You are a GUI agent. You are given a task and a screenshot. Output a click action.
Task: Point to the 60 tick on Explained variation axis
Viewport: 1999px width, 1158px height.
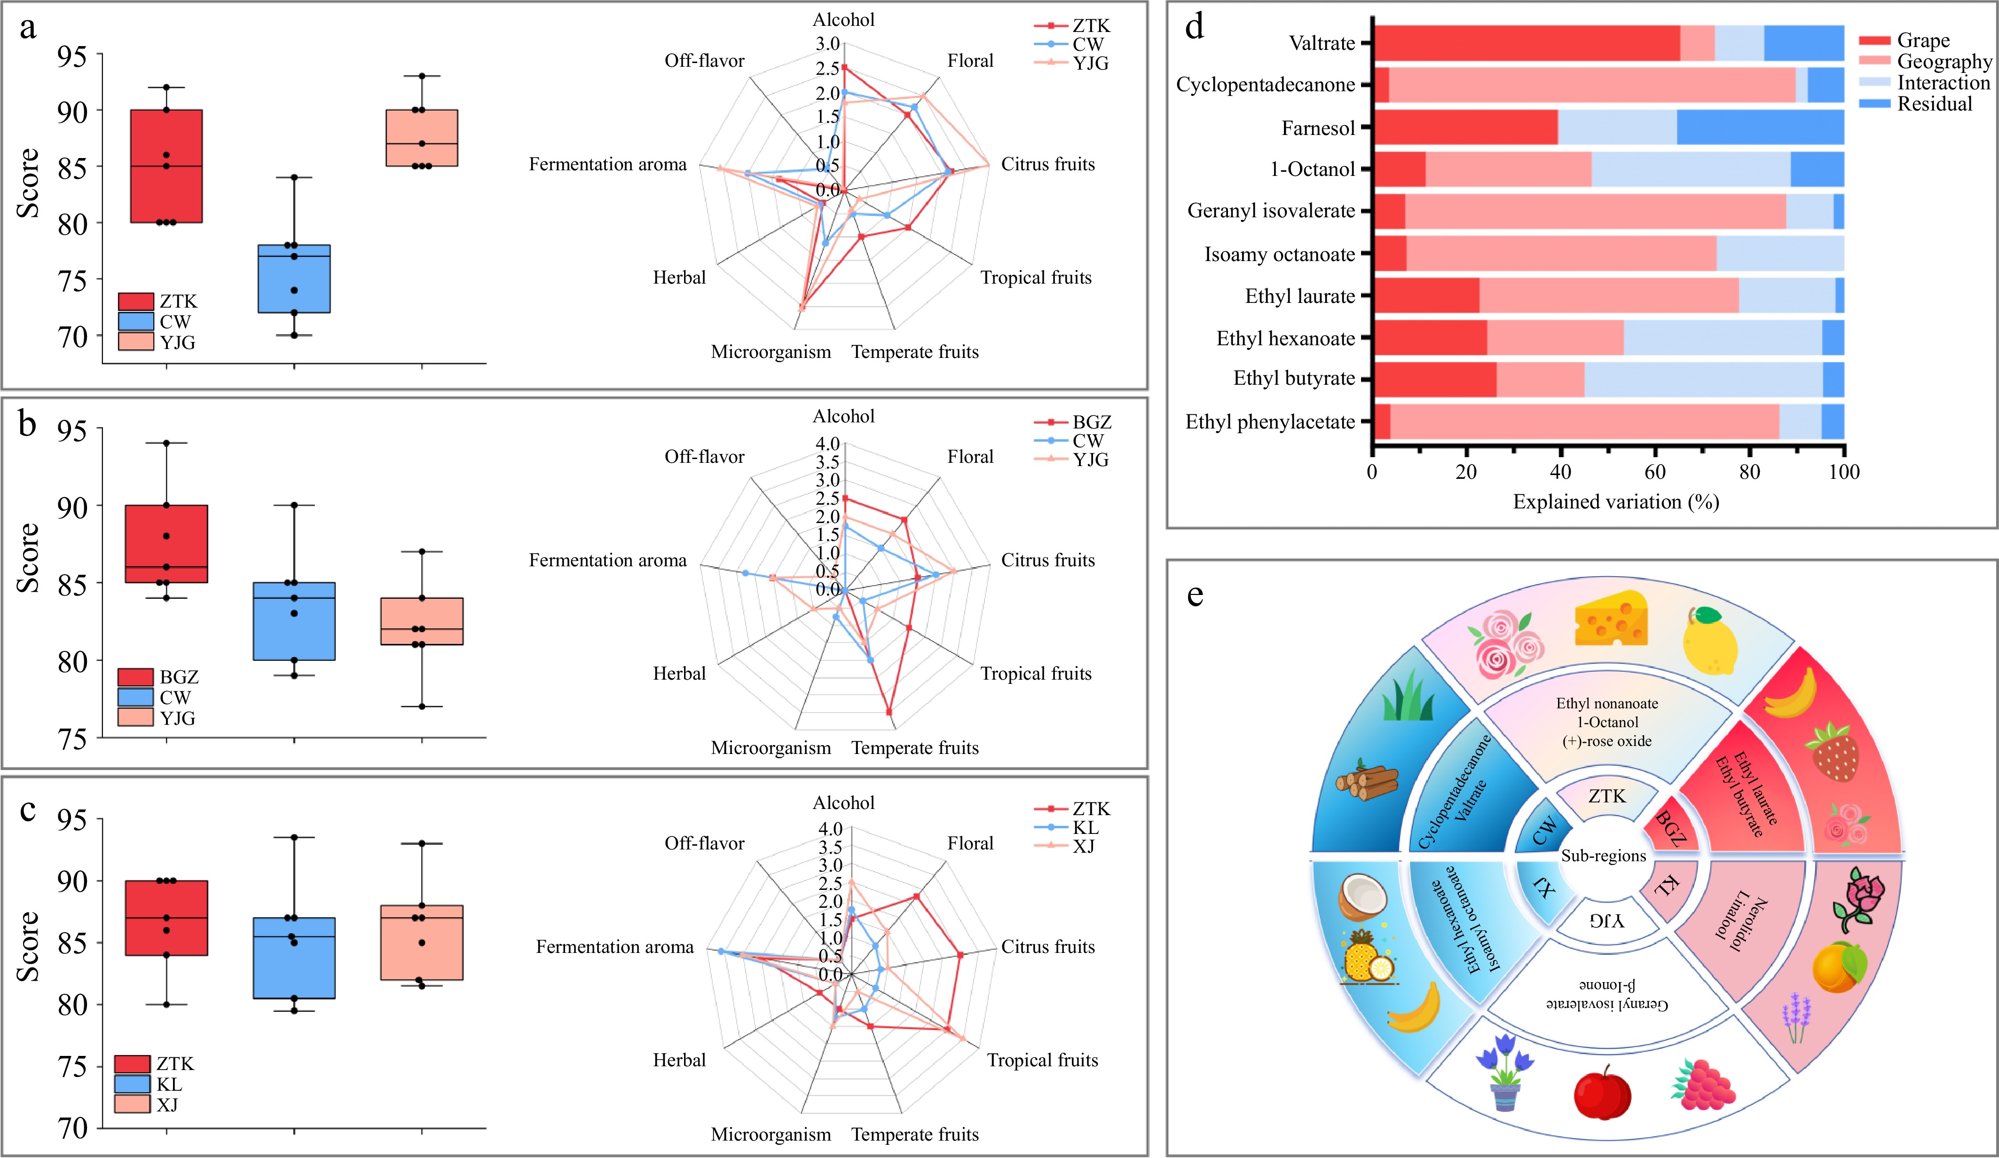[1655, 471]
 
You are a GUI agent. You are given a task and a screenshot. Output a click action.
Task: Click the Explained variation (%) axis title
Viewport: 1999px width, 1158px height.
[1616, 501]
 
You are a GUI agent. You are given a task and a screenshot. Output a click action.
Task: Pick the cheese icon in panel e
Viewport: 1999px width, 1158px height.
[1610, 619]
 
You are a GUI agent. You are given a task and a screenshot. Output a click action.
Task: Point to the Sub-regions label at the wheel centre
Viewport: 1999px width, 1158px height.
[1603, 856]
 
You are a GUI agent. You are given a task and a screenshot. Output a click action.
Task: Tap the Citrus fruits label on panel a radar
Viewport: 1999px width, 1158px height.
[1047, 164]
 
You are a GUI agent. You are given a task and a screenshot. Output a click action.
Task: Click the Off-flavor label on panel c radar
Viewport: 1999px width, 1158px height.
[704, 843]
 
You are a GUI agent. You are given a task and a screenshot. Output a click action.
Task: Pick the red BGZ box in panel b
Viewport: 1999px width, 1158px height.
[166, 544]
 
